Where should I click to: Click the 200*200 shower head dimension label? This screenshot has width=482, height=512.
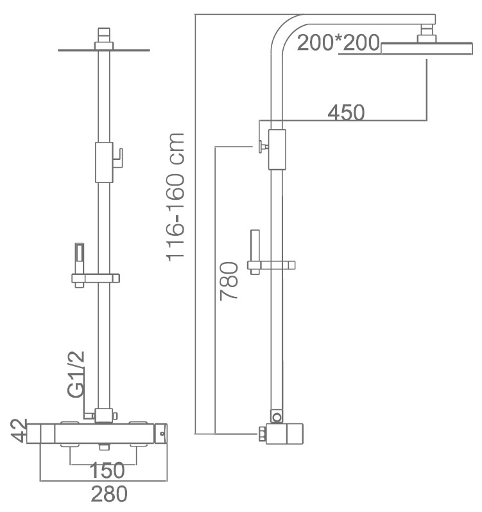pyautogui.click(x=338, y=42)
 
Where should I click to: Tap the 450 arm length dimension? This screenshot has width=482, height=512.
pyautogui.click(x=346, y=112)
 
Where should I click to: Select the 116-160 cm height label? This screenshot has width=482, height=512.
pyautogui.click(x=176, y=197)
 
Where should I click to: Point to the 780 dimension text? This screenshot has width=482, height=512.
pyautogui.click(x=229, y=281)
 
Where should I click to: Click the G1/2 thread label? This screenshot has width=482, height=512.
pyautogui.click(x=76, y=375)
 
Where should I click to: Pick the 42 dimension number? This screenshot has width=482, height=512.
pyautogui.click(x=18, y=430)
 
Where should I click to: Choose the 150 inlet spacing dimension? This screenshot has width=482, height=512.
pyautogui.click(x=107, y=470)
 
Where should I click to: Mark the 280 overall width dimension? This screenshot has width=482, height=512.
pyautogui.click(x=109, y=494)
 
